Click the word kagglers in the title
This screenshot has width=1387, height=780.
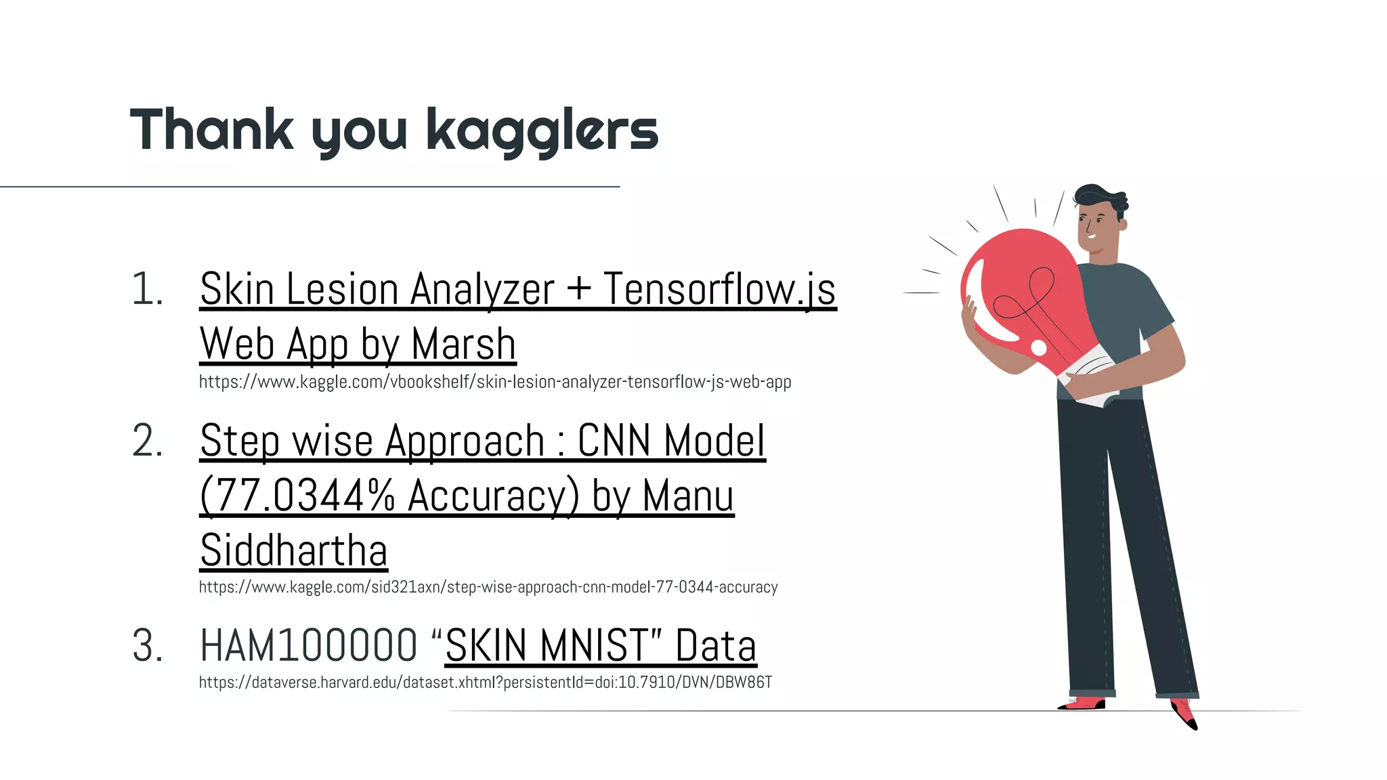(542, 130)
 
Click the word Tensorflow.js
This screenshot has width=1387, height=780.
(719, 290)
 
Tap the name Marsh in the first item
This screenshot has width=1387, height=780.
(463, 345)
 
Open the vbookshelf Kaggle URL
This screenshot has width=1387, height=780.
(494, 383)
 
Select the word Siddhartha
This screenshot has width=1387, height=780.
(294, 550)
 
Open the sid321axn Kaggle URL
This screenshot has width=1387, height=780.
(488, 587)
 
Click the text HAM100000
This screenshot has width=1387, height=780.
(309, 646)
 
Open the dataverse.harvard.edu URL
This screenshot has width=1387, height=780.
(485, 682)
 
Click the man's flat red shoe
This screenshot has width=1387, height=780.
(1084, 703)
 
